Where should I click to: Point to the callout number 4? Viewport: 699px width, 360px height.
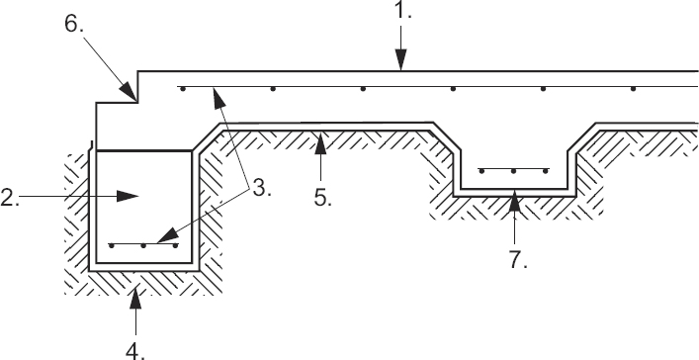point(136,347)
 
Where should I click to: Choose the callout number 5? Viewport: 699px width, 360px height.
point(320,195)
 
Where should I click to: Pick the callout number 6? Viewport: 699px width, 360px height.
point(76,25)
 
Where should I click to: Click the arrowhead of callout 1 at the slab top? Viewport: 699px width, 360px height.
point(399,67)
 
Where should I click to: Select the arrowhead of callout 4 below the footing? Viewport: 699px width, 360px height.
point(136,286)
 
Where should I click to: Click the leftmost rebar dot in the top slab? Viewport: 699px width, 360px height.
point(182,89)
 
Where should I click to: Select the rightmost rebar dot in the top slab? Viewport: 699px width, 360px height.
point(634,89)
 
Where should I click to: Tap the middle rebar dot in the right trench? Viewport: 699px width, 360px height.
point(514,170)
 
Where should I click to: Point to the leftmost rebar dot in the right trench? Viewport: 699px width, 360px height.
point(481,170)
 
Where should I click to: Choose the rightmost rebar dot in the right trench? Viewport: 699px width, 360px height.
point(547,170)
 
